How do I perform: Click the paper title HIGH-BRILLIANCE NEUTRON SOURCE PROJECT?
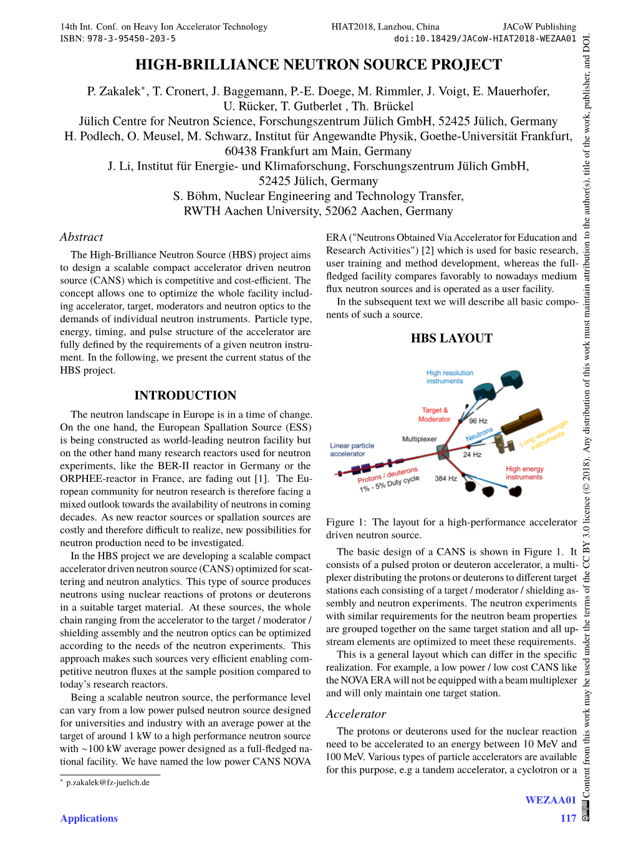pos(318,65)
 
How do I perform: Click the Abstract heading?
pos(82,237)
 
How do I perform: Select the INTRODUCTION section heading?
pos(185,395)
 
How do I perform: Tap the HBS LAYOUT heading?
pos(451,338)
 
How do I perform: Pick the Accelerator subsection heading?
pos(356,714)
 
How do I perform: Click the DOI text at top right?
pos(485,39)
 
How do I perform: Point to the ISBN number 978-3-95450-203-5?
pos(131,39)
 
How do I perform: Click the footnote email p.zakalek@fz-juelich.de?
pos(108,783)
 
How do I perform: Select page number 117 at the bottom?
pos(568,818)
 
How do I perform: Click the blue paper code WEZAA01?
pos(551,800)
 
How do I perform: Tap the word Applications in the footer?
pos(89,818)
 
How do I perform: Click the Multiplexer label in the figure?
pos(419,439)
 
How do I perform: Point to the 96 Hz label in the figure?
pos(478,421)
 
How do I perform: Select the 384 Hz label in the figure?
pos(445,479)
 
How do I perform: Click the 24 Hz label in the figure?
pos(472,454)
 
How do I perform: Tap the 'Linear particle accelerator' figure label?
pos(352,450)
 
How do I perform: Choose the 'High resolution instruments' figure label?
pos(450,377)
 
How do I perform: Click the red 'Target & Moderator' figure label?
pos(435,414)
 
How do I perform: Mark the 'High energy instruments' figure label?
pos(524,473)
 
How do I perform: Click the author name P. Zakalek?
pos(114,92)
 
